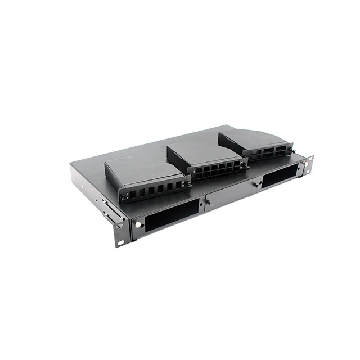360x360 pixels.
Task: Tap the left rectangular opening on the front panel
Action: coord(171,214)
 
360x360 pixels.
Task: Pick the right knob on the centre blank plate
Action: coord(256,184)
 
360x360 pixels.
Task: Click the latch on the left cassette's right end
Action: coord(188,183)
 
